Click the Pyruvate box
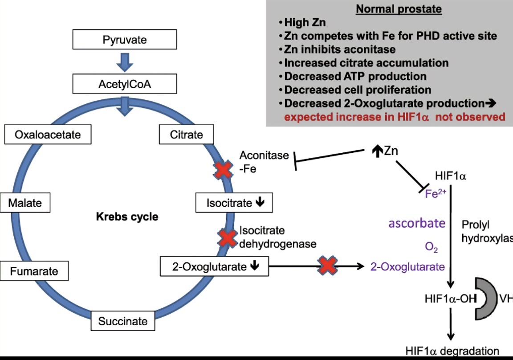click(x=125, y=40)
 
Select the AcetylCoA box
click(x=125, y=84)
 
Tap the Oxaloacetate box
click(x=48, y=135)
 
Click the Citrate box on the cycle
click(x=187, y=135)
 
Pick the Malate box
click(x=25, y=203)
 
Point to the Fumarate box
click(x=34, y=271)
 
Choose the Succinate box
click(x=123, y=321)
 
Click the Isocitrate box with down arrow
click(x=234, y=203)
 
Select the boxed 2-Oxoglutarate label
click(x=215, y=267)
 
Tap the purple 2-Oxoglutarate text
click(x=407, y=267)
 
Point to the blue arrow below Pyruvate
click(x=125, y=61)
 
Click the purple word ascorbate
click(x=417, y=223)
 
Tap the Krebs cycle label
click(x=127, y=217)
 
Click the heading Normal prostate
click(x=399, y=9)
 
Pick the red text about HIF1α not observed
click(x=395, y=117)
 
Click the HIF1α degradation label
click(x=452, y=352)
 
